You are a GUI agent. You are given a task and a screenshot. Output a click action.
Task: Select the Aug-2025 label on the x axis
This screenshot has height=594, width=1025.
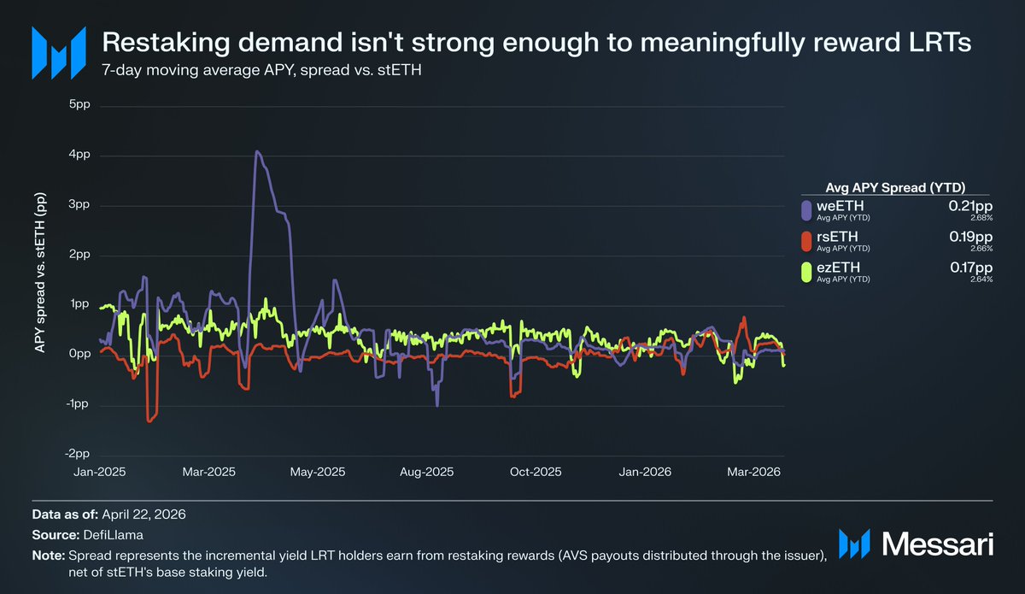click(426, 472)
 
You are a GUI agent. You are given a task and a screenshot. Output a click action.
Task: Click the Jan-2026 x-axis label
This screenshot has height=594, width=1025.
click(644, 472)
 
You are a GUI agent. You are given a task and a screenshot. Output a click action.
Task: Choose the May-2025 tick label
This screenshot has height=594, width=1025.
click(317, 472)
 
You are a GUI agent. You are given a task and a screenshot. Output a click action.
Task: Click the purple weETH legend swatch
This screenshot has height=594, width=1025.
click(806, 209)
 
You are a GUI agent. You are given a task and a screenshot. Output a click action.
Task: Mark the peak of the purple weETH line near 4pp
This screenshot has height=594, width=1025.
click(257, 152)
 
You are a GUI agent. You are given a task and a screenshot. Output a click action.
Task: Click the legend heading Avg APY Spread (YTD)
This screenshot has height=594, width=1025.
click(895, 188)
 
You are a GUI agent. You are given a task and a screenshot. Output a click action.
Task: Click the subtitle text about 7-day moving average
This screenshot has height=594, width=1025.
click(261, 70)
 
